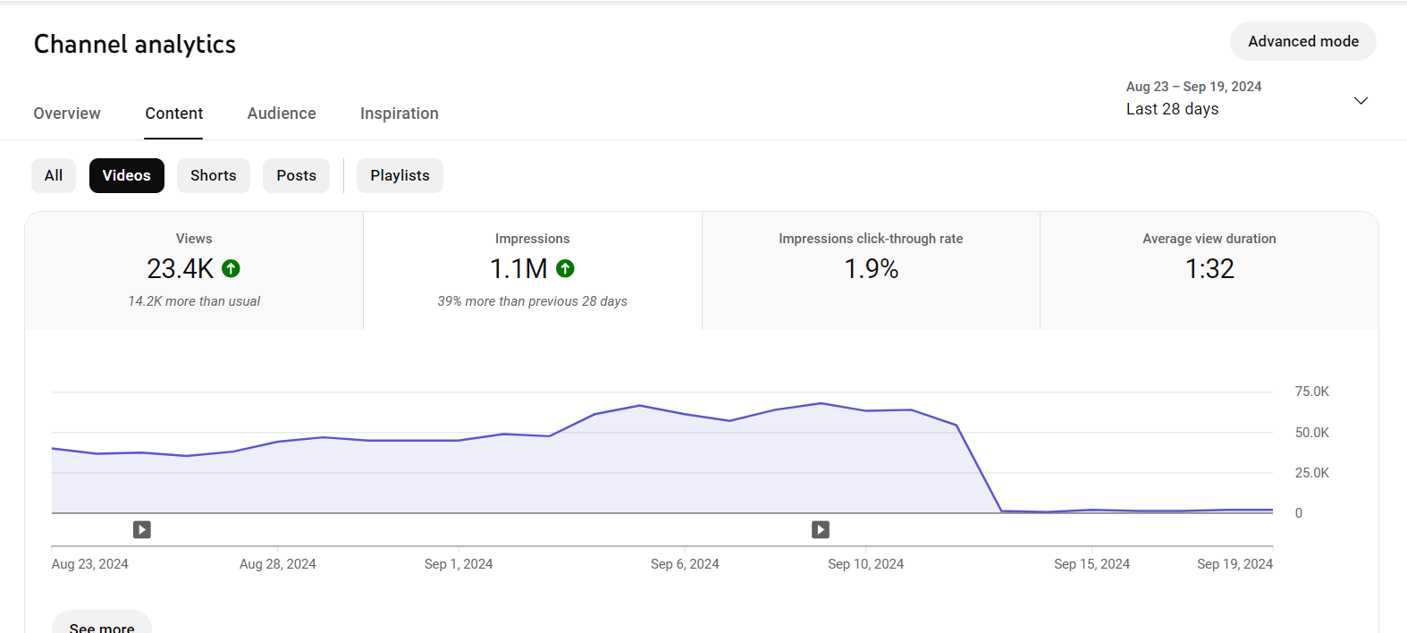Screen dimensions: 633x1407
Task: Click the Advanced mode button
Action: (1302, 41)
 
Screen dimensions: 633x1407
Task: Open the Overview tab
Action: (67, 114)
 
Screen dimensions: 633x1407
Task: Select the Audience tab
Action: (282, 114)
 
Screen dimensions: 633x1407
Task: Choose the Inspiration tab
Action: (399, 114)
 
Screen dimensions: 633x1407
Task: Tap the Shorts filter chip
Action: (213, 175)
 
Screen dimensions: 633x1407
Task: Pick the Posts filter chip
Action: (296, 175)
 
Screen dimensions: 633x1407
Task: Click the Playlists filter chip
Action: (400, 175)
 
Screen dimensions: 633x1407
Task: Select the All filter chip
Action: (54, 175)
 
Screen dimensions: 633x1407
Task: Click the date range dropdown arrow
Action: (1361, 100)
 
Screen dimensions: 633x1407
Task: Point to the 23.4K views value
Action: (181, 268)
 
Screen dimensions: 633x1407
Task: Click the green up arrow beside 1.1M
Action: (565, 268)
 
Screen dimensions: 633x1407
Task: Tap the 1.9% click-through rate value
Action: (871, 268)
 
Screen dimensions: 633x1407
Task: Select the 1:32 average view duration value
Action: (1209, 268)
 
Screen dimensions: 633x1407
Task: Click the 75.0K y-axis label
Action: (1311, 392)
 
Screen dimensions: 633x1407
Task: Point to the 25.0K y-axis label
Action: (1311, 473)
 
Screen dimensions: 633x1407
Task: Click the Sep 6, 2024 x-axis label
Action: (685, 564)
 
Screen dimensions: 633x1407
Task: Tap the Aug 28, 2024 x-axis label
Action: (277, 564)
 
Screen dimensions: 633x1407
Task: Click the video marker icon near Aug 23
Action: (142, 530)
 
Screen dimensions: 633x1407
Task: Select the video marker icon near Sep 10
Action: (821, 530)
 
